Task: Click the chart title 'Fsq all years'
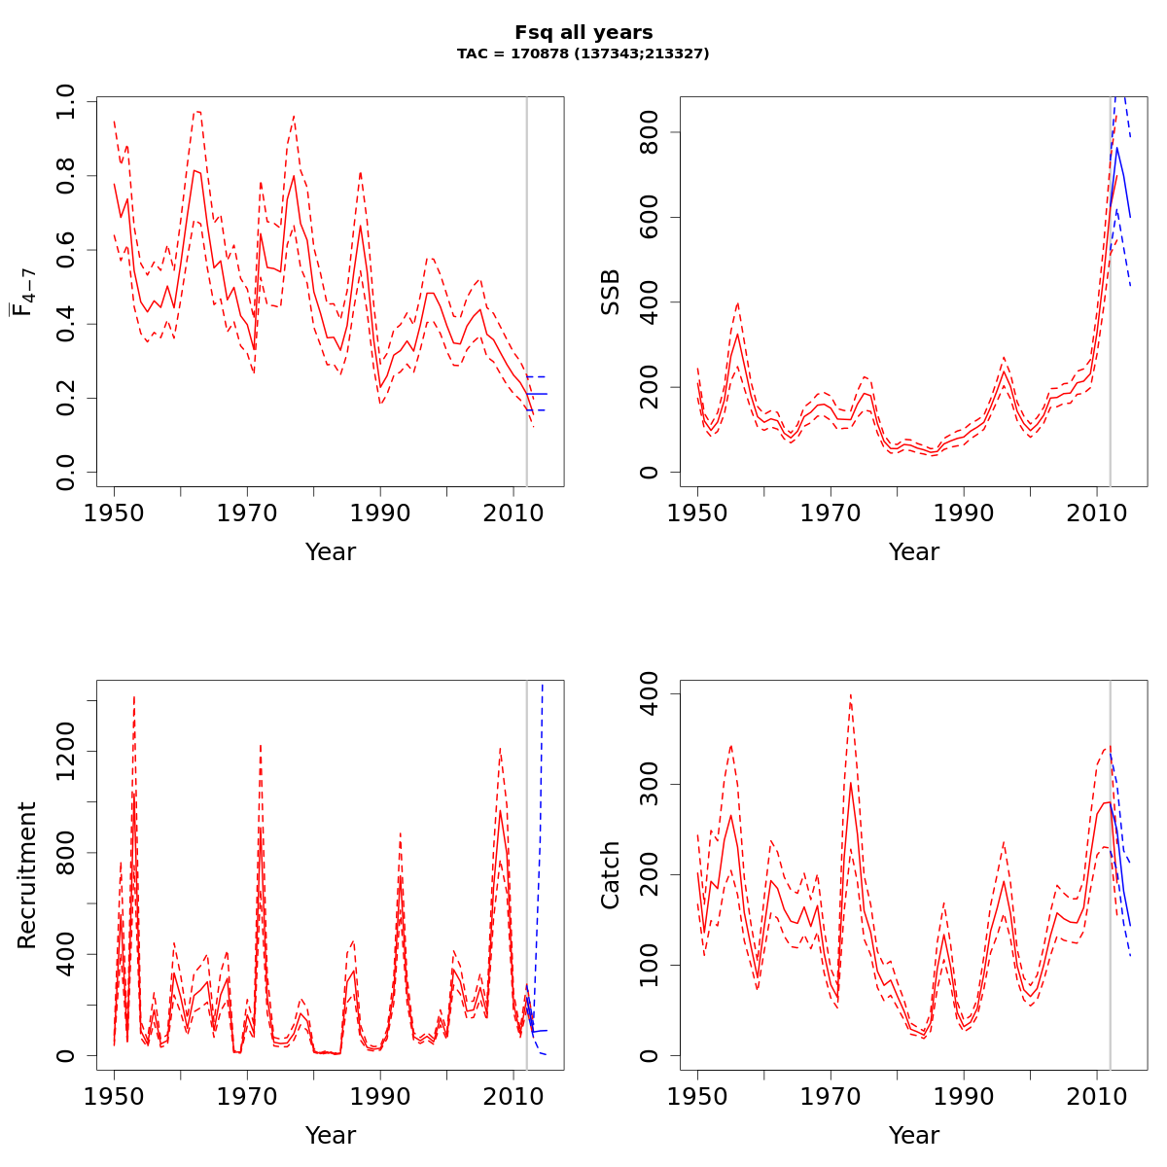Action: click(583, 33)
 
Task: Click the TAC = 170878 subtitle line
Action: click(583, 54)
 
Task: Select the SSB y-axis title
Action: click(610, 292)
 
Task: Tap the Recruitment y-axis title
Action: click(26, 875)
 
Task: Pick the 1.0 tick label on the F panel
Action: click(66, 101)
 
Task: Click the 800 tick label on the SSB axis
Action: click(650, 132)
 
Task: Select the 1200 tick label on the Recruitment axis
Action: click(66, 751)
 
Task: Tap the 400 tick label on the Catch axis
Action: click(650, 694)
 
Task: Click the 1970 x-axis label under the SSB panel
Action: click(831, 513)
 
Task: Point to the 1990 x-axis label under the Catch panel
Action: click(964, 1097)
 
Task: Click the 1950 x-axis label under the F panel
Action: click(114, 513)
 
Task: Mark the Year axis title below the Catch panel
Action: click(914, 1135)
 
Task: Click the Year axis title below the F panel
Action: click(331, 551)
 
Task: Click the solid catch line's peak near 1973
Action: click(850, 783)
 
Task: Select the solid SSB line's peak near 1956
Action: click(737, 336)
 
